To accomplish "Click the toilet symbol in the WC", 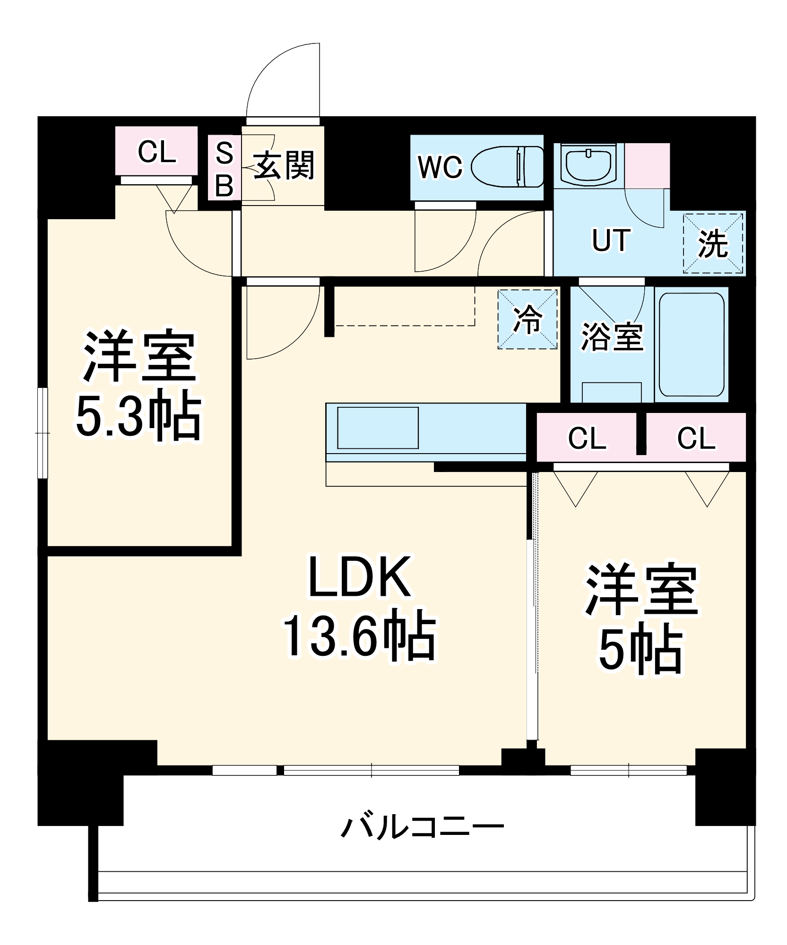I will tap(508, 166).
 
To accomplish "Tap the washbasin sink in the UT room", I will tap(588, 165).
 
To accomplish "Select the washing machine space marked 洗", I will tap(713, 243).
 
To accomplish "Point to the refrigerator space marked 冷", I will tap(527, 319).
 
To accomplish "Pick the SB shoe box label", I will tap(224, 169).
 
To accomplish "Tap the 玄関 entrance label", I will tap(284, 165).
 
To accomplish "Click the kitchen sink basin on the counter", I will tap(378, 428).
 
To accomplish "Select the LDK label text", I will tap(359, 577).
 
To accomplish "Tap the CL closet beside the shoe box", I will tap(156, 152).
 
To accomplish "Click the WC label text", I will tap(440, 167).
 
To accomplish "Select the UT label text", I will tap(611, 240).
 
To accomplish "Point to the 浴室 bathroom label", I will tap(612, 337).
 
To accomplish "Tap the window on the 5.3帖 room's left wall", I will tap(43, 432).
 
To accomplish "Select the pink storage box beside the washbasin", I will tap(647, 165).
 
